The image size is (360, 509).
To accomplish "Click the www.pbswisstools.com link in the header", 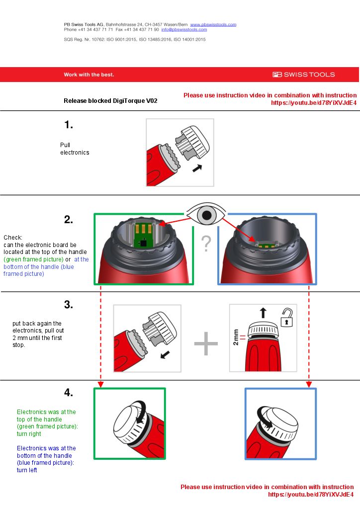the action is [213, 24].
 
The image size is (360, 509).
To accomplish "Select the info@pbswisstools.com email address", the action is [184, 30].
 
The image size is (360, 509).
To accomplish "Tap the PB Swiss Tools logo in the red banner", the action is [303, 75].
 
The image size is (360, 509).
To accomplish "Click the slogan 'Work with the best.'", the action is [89, 75].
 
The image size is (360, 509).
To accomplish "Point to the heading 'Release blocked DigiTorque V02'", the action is [110, 101].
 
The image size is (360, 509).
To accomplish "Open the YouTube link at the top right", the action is [313, 103].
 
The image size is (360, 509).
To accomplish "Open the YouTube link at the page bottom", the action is [311, 495].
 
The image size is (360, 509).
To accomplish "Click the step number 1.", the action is [69, 125].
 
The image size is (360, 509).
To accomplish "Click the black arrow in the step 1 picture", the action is [197, 169].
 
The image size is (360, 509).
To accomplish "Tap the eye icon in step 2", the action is [205, 214].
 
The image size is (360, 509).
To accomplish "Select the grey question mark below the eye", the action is [206, 244].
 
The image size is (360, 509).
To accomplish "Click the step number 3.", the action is [69, 305].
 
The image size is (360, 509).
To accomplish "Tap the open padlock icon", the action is [287, 318].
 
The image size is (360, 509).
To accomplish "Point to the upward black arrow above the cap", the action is [263, 312].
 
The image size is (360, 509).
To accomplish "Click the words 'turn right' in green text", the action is [29, 434].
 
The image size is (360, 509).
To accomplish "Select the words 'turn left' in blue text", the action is [27, 470].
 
